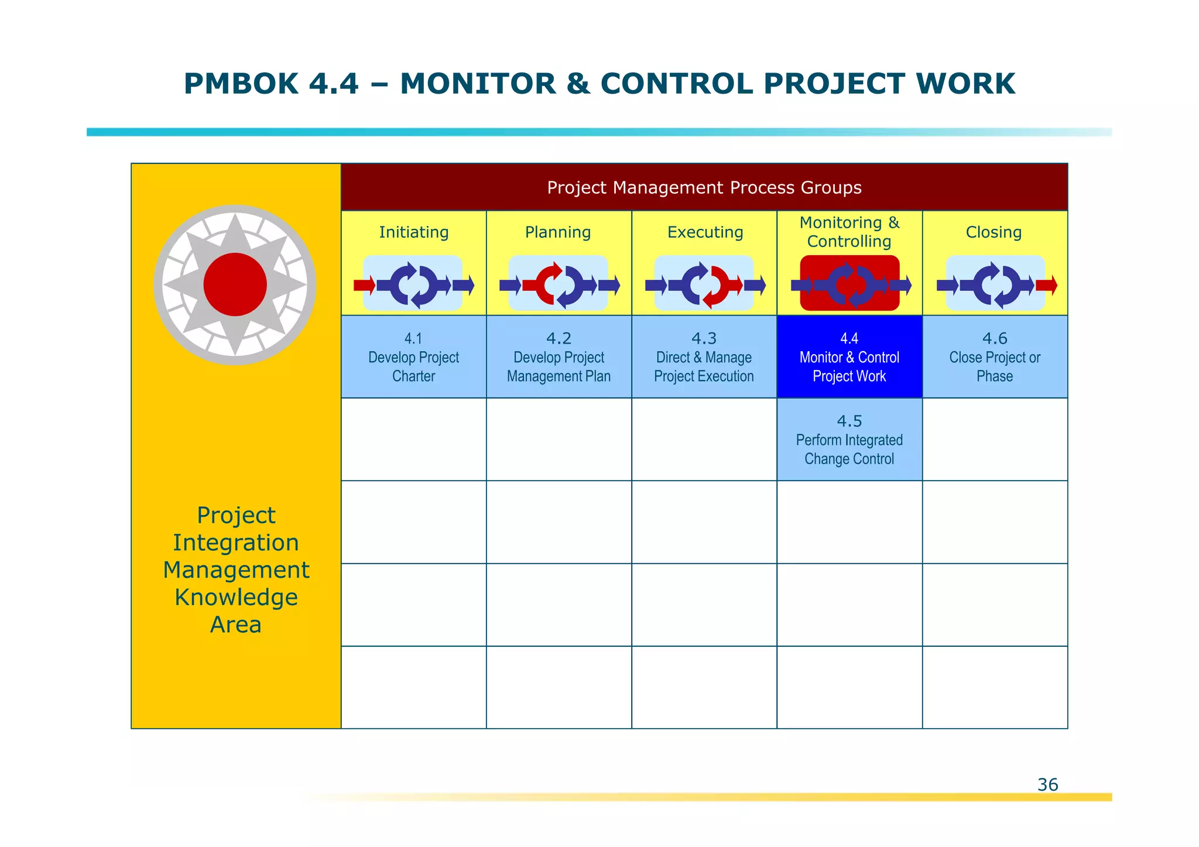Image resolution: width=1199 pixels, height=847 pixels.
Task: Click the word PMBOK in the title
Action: click(x=241, y=84)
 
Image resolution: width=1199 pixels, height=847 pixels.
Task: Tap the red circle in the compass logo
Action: click(x=235, y=284)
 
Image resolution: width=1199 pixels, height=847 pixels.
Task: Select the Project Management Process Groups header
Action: click(x=704, y=187)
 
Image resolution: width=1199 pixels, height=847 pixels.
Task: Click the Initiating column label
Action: click(x=413, y=232)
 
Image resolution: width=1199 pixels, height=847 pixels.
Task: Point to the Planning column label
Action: click(x=558, y=232)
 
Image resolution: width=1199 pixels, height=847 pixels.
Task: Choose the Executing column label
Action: click(x=705, y=232)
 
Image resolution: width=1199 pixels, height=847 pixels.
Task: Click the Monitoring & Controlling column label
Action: click(x=849, y=232)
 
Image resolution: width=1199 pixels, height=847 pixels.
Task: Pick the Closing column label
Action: click(x=994, y=232)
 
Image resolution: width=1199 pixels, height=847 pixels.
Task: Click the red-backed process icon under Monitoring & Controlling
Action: click(x=849, y=284)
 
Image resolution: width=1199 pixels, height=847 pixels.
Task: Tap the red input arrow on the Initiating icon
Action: click(x=364, y=286)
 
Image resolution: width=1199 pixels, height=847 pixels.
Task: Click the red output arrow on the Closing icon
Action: click(x=1046, y=286)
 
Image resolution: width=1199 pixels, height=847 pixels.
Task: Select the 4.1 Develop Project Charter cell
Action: click(x=413, y=357)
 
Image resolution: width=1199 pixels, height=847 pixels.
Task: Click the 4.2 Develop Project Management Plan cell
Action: click(x=559, y=357)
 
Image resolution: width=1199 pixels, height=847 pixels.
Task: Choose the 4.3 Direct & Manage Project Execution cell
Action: click(x=704, y=357)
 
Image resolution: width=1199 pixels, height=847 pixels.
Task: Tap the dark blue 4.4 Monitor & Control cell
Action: click(x=849, y=357)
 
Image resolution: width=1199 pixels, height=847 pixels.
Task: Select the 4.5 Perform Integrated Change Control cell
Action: click(x=849, y=440)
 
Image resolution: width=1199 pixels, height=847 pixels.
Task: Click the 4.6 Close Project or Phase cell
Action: click(x=995, y=357)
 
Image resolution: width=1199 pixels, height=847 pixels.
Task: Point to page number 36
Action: click(x=1047, y=784)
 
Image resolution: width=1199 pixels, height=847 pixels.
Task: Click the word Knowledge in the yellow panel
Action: click(x=236, y=597)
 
